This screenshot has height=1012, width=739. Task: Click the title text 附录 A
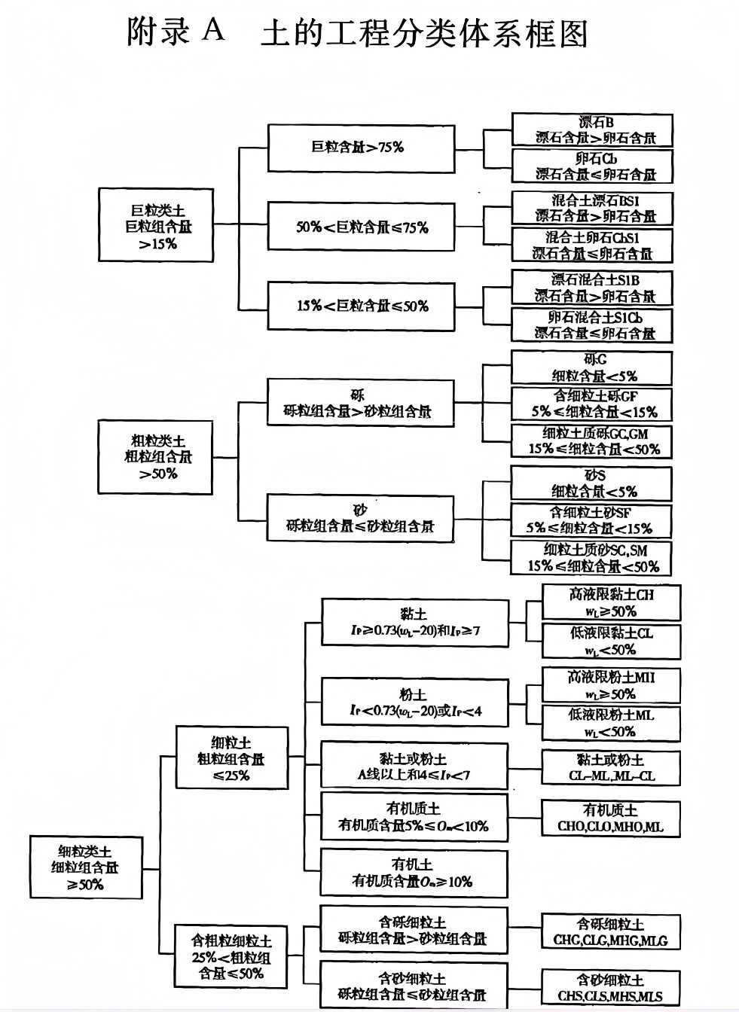[x=176, y=32]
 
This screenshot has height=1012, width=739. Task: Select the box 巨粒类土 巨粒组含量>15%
[x=156, y=225]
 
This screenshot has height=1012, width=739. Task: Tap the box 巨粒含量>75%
[x=361, y=148]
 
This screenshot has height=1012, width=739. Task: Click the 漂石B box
[x=591, y=130]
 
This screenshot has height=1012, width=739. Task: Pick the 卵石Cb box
[x=591, y=166]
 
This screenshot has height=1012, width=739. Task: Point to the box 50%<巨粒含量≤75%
[x=361, y=227]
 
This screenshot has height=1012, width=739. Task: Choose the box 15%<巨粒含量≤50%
[x=361, y=306]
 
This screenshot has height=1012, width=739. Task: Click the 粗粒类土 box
[x=156, y=456]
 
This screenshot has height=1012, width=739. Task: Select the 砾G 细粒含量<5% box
[x=591, y=367]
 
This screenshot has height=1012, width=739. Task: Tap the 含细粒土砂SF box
[x=591, y=520]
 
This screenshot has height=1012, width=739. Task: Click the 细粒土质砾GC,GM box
[x=591, y=441]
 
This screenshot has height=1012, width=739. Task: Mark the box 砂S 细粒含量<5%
[x=591, y=483]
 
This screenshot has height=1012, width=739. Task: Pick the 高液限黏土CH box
[x=611, y=602]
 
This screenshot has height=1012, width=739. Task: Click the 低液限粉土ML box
[x=611, y=723]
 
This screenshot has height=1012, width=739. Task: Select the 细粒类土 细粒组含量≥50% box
[x=86, y=867]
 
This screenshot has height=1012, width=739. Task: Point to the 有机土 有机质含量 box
[x=414, y=872]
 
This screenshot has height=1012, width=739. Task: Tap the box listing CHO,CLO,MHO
[x=611, y=818]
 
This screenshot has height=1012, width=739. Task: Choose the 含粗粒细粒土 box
[x=231, y=956]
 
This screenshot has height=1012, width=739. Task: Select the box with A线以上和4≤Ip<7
[x=414, y=766]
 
